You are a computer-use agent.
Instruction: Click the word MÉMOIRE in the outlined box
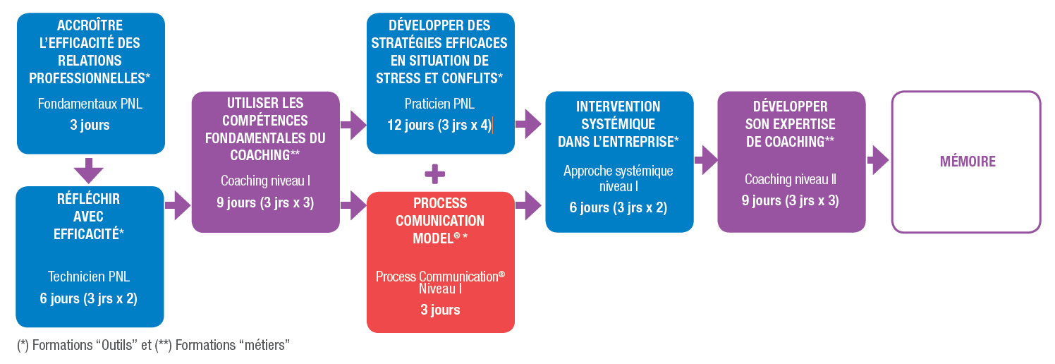(967, 162)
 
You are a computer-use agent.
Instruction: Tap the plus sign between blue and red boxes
(435, 173)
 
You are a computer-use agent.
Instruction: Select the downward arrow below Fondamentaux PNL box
(89, 171)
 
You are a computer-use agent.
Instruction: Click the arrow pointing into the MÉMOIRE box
(877, 160)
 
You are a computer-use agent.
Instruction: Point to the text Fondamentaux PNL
(90, 104)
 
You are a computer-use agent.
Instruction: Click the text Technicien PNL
(89, 277)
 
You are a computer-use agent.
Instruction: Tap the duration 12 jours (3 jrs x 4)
(439, 126)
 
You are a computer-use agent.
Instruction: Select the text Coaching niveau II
(790, 179)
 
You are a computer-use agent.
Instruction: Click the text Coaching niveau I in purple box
(265, 181)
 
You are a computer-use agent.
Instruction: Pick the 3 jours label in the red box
(440, 310)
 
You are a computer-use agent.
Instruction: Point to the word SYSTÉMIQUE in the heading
(618, 123)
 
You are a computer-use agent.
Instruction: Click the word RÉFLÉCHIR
(89, 199)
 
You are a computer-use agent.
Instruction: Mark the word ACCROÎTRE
(90, 26)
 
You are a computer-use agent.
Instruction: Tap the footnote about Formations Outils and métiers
(153, 345)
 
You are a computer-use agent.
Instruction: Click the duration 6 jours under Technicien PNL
(89, 298)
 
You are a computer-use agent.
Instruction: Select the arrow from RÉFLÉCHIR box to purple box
(178, 205)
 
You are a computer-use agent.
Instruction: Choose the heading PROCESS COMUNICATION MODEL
(439, 220)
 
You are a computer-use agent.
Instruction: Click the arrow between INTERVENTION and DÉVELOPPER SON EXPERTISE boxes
(705, 160)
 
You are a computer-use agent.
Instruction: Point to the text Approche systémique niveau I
(618, 178)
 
